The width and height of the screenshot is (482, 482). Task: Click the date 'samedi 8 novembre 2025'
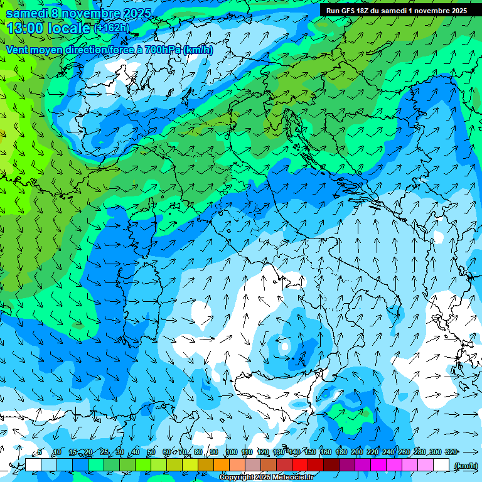(x=78, y=13)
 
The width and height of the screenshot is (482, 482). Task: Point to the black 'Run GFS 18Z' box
(x=396, y=11)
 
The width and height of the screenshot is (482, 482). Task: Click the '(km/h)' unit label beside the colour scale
(x=465, y=465)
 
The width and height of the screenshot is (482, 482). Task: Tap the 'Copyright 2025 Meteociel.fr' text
(x=266, y=477)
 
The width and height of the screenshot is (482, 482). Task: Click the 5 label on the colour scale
(x=40, y=452)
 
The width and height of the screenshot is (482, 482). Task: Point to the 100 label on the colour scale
(x=232, y=452)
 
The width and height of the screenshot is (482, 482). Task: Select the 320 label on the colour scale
(x=451, y=452)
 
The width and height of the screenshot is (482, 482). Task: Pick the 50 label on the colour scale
(x=151, y=452)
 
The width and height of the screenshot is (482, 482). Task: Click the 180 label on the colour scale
(x=341, y=452)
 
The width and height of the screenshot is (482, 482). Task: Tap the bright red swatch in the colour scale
(x=300, y=464)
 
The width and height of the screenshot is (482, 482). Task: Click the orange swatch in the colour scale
(x=222, y=464)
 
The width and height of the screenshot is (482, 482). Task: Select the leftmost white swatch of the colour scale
(x=33, y=464)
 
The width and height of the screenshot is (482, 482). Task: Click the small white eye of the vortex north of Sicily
(x=284, y=346)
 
